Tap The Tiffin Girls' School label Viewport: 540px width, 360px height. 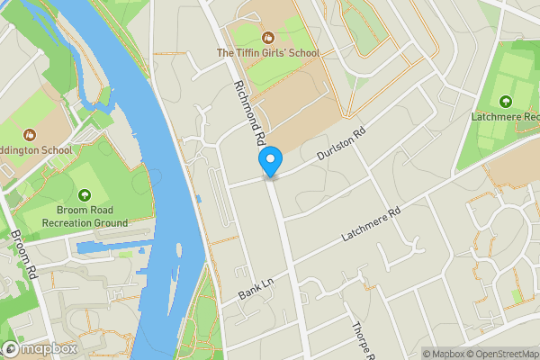pyautogui.click(x=268, y=53)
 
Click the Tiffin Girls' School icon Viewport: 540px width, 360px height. pyautogui.click(x=267, y=38)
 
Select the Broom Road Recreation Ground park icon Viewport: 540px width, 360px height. pyautogui.click(x=85, y=194)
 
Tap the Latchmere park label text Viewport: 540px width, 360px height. pyautogui.click(x=505, y=117)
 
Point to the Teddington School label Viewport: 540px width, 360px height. pyautogui.click(x=36, y=150)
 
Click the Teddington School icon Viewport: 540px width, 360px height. pyautogui.click(x=30, y=135)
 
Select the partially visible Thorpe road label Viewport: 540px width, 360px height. pyautogui.click(x=361, y=341)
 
